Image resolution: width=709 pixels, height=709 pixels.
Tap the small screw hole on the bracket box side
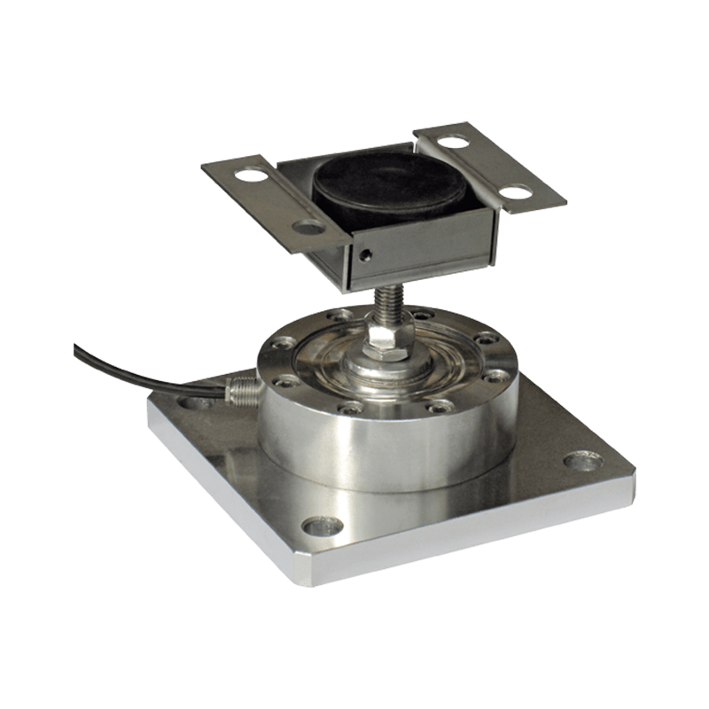[x=363, y=257]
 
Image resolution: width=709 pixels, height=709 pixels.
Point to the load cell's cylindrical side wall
[x=354, y=443]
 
